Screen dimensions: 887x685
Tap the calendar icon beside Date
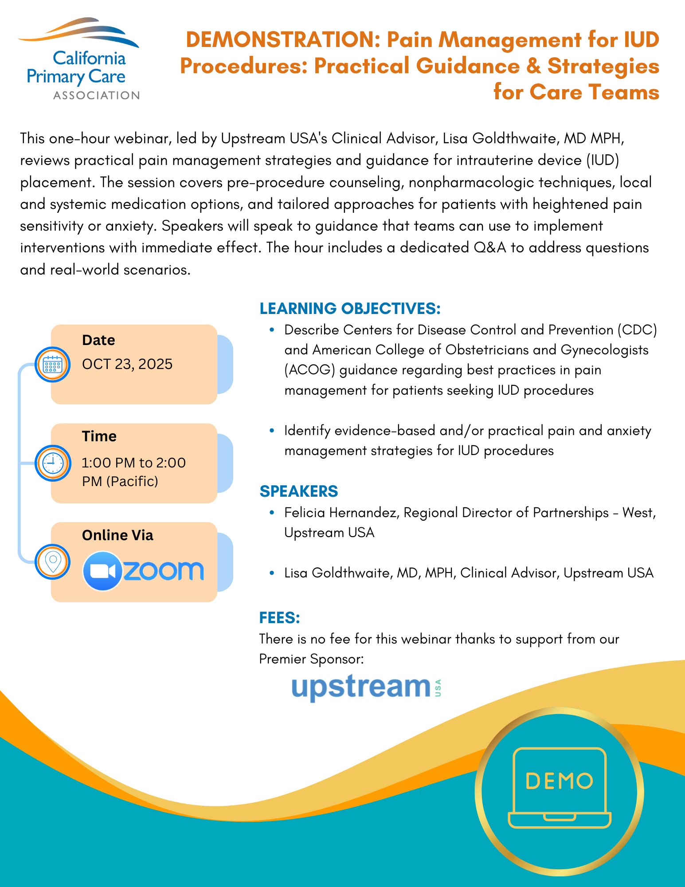(x=53, y=365)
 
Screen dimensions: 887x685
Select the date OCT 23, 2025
(x=127, y=364)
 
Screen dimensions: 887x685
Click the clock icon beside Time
(x=53, y=463)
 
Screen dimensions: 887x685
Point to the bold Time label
(x=99, y=436)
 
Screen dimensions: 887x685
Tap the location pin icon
(x=53, y=562)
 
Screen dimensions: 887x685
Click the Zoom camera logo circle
(x=102, y=571)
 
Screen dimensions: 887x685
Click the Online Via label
(x=117, y=535)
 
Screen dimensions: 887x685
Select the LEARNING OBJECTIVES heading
(x=350, y=309)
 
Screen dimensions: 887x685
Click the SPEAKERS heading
(x=298, y=491)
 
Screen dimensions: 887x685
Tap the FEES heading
(x=279, y=618)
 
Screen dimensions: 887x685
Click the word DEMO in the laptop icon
(x=559, y=781)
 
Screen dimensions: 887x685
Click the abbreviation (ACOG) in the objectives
(x=309, y=370)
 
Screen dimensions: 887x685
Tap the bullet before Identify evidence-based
(x=272, y=431)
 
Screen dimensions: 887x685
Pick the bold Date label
(x=98, y=340)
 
